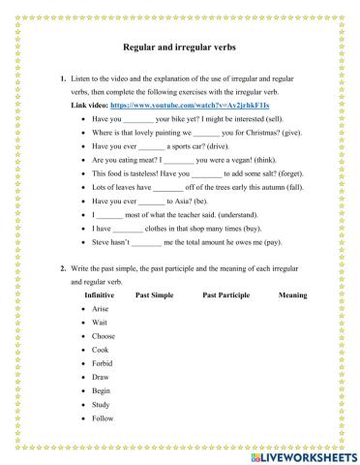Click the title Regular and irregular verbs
click(180, 46)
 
